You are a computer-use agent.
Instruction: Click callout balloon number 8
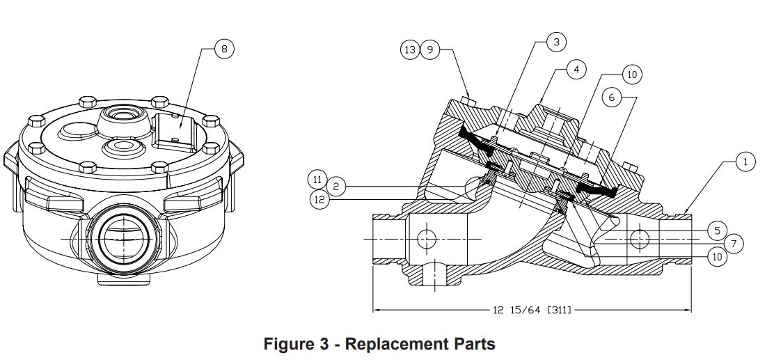pos(224,48)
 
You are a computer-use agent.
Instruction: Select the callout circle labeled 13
pos(410,50)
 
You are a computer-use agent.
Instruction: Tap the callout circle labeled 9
pos(430,50)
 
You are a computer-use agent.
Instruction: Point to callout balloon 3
pos(556,42)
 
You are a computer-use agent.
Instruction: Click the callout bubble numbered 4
pos(576,70)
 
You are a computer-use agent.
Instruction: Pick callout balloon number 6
pos(612,97)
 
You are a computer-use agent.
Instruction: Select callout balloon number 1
pos(745,162)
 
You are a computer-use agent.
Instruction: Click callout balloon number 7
pos(734,244)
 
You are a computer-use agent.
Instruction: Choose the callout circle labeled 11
pos(317,180)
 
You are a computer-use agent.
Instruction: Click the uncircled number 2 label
pos(335,186)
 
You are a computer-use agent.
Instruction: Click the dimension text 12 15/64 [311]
pos(532,308)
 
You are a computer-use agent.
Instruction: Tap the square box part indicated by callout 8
pos(175,128)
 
